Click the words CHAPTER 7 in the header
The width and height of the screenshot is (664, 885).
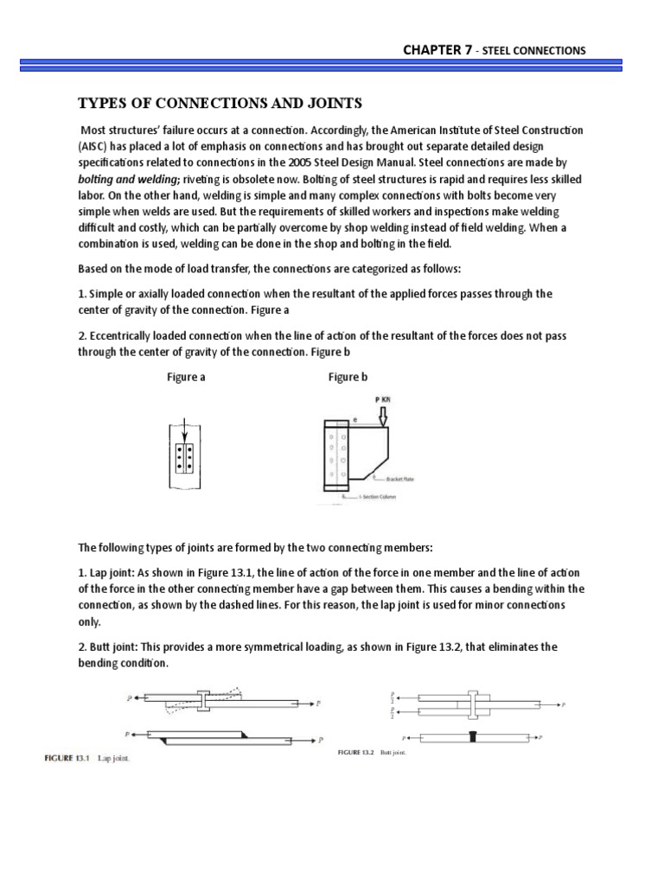coord(437,50)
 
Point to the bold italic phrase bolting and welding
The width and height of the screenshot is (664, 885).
coord(122,178)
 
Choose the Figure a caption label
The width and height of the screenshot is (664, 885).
coord(186,378)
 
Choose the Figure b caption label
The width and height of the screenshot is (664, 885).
coord(348,378)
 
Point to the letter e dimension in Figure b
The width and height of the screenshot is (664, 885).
coord(354,418)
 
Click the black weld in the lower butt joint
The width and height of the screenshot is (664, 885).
coord(472,737)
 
